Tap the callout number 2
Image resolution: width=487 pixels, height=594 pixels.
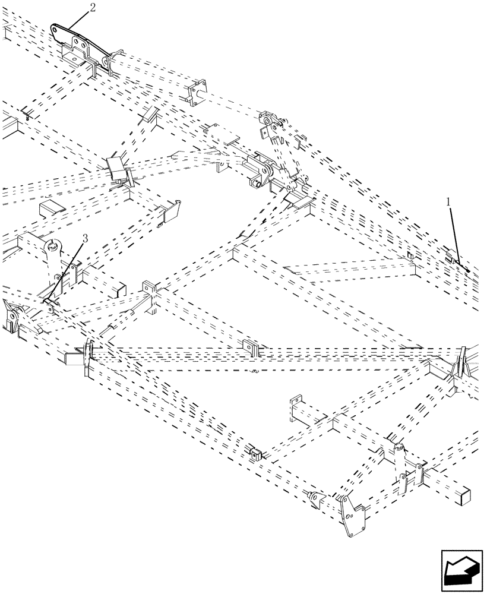(91, 8)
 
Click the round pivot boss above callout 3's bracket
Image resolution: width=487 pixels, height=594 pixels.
(52, 245)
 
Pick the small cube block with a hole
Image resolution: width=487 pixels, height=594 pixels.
(257, 454)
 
